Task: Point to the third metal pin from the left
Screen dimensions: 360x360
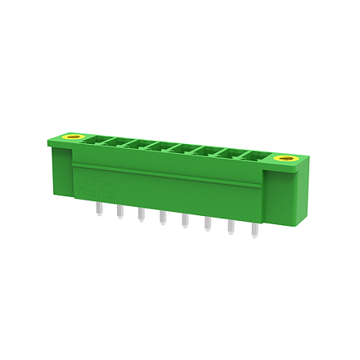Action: tap(141, 215)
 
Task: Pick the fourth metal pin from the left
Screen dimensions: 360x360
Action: tap(162, 219)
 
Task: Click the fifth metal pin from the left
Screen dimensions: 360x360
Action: tap(184, 223)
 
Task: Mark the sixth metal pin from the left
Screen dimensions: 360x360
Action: tap(207, 226)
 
